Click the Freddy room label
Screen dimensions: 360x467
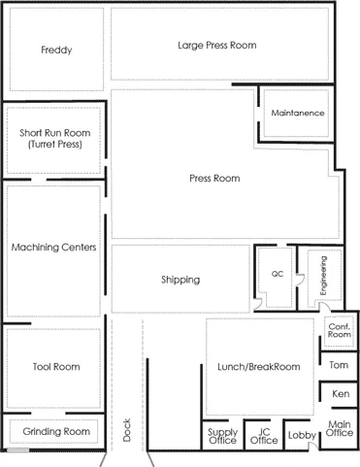pyautogui.click(x=56, y=50)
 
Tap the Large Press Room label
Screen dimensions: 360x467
pyautogui.click(x=217, y=46)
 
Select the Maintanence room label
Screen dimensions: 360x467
pyautogui.click(x=298, y=113)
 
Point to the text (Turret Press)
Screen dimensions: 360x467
pyautogui.click(x=55, y=145)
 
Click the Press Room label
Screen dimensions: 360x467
pyautogui.click(x=214, y=179)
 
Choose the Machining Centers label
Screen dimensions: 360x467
pyautogui.click(x=54, y=248)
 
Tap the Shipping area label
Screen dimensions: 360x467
pyautogui.click(x=180, y=280)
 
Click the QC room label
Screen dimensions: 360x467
pyautogui.click(x=278, y=274)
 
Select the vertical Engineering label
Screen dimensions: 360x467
pyautogui.click(x=323, y=276)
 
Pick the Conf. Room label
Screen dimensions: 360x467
pyautogui.click(x=340, y=330)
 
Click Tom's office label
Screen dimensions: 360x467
pyautogui.click(x=339, y=365)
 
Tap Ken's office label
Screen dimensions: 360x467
pyautogui.click(x=341, y=394)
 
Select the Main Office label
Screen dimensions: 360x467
pyautogui.click(x=340, y=428)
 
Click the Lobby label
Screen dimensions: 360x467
pyautogui.click(x=302, y=435)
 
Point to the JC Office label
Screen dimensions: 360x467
pyautogui.click(x=264, y=436)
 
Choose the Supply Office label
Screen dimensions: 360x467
pyautogui.click(x=222, y=436)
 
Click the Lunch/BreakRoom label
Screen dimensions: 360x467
pyautogui.click(x=259, y=367)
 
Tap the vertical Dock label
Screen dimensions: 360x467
pyautogui.click(x=127, y=430)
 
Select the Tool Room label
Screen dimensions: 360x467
pyautogui.click(x=56, y=367)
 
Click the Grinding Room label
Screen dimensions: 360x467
pyautogui.click(x=56, y=431)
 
